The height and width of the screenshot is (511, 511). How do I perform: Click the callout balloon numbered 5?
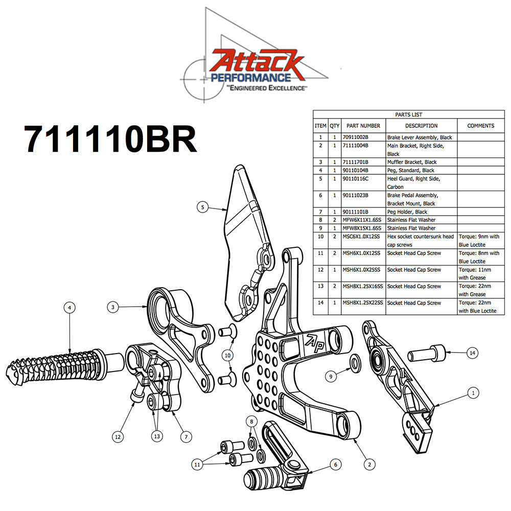[x=203, y=207]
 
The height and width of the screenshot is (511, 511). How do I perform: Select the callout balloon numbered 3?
[x=113, y=307]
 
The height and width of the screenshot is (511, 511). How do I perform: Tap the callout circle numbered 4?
[x=70, y=308]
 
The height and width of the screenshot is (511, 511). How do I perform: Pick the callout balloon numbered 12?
[x=118, y=437]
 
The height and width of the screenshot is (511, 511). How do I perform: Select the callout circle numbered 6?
[x=335, y=464]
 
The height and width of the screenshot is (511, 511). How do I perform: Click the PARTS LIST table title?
[x=408, y=115]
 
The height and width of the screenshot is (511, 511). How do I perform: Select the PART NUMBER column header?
[x=363, y=126]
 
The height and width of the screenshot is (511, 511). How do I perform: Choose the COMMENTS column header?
[x=480, y=126]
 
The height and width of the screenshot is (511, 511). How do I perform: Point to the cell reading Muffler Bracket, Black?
[x=412, y=162]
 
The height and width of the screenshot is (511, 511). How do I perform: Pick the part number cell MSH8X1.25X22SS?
[x=363, y=303]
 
